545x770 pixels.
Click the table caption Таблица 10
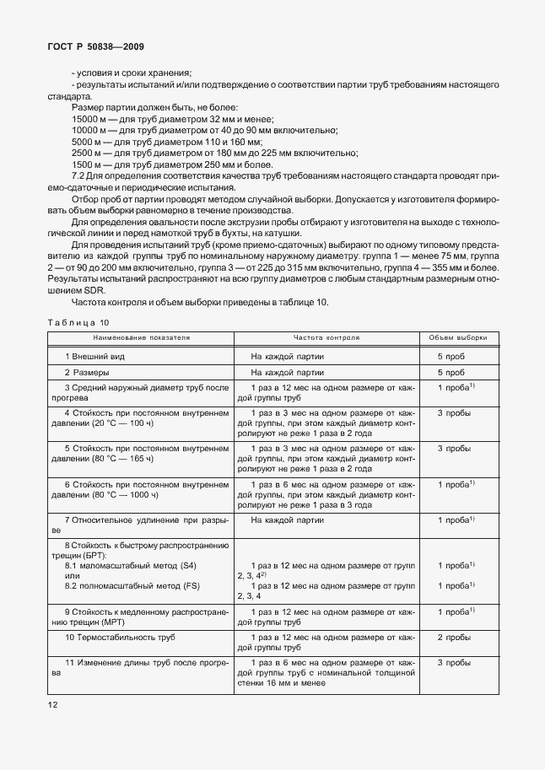(x=78, y=322)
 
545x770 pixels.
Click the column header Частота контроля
(x=326, y=337)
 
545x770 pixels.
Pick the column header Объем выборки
(x=457, y=337)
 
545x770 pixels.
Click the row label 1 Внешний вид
(x=95, y=357)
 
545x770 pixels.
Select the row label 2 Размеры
(x=87, y=372)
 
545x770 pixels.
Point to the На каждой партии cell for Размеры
(x=288, y=372)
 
